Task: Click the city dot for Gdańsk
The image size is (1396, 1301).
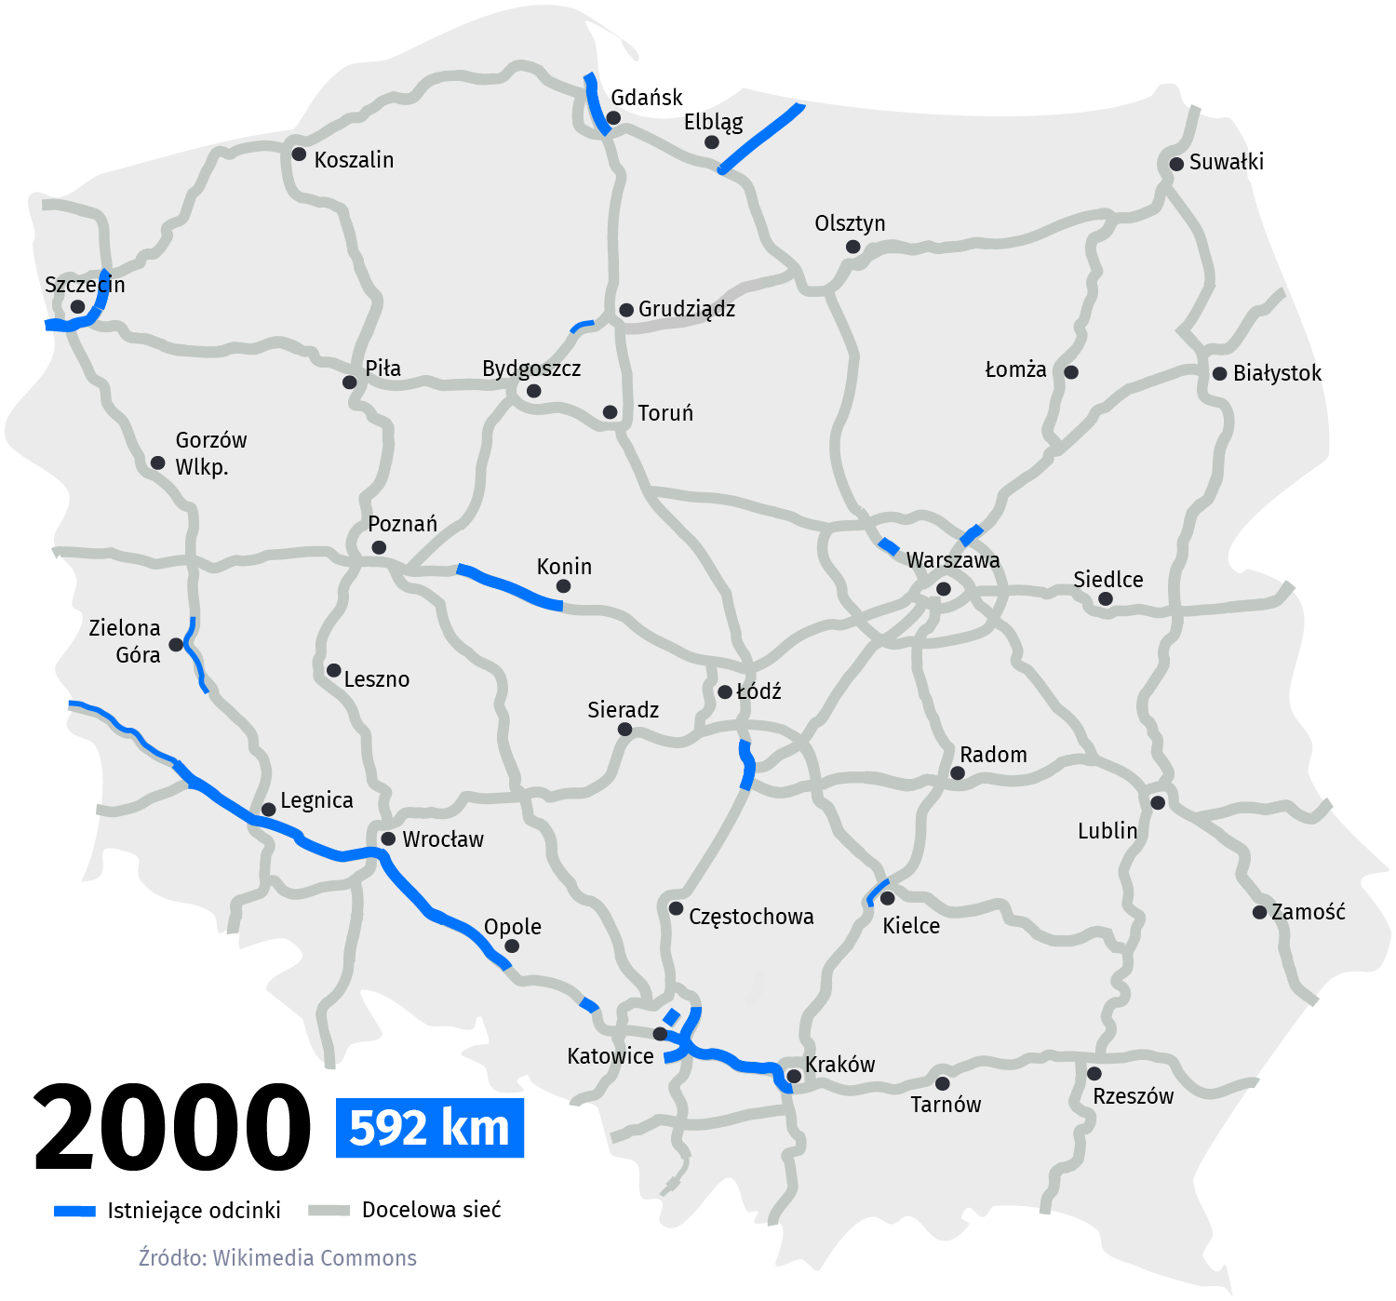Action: pyautogui.click(x=613, y=118)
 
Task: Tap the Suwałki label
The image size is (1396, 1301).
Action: pyautogui.click(x=1226, y=162)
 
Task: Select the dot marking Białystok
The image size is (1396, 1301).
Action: pyautogui.click(x=1219, y=373)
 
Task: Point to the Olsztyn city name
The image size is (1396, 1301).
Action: pyautogui.click(x=850, y=223)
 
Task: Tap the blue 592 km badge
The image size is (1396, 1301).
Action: pyautogui.click(x=430, y=1128)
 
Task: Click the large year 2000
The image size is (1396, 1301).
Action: pyautogui.click(x=172, y=1128)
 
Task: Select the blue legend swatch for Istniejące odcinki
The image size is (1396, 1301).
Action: pyautogui.click(x=74, y=1211)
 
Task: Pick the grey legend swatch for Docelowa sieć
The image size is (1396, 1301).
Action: pyautogui.click(x=328, y=1210)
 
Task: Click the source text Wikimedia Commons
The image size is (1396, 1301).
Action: pyautogui.click(x=315, y=1258)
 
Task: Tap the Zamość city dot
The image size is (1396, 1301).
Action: pyautogui.click(x=1259, y=912)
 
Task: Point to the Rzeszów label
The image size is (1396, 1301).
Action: pyautogui.click(x=1133, y=1096)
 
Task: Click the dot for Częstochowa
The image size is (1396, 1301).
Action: pyautogui.click(x=677, y=908)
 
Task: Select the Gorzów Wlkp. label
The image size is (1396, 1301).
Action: pyautogui.click(x=210, y=453)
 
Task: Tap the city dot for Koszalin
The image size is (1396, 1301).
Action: pyautogui.click(x=299, y=154)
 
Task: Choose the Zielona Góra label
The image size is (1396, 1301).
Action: pyautogui.click(x=126, y=641)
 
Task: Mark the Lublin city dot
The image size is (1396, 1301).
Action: pyautogui.click(x=1158, y=802)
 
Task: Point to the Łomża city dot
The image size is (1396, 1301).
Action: pyautogui.click(x=1071, y=372)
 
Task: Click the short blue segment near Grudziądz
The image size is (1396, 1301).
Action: pyautogui.click(x=582, y=325)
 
